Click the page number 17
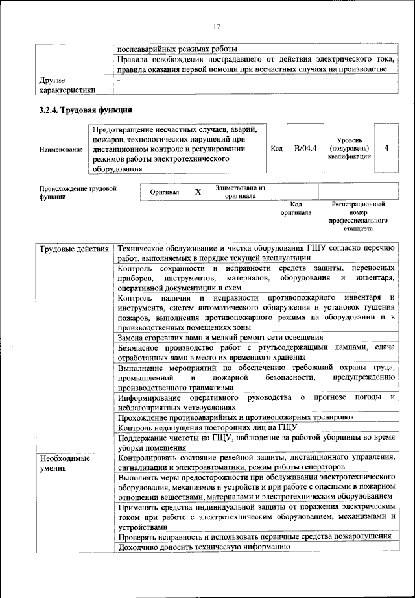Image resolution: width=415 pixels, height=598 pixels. [217, 26]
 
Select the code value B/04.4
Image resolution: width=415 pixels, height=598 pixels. [305, 149]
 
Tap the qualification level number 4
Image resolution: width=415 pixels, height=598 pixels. [386, 148]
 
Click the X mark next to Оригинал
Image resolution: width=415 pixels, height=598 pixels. [198, 192]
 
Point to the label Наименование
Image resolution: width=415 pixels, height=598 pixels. [61, 149]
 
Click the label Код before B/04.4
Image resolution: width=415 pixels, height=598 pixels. [276, 149]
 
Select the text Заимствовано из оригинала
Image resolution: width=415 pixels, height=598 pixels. [240, 192]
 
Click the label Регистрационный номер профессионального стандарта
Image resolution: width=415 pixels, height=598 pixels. [358, 216]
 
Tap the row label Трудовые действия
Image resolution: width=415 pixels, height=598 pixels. [74, 249]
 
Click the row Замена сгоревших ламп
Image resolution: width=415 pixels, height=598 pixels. [220, 337]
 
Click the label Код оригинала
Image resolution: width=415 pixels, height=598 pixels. [296, 208]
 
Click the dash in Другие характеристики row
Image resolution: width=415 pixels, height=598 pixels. [119, 80]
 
